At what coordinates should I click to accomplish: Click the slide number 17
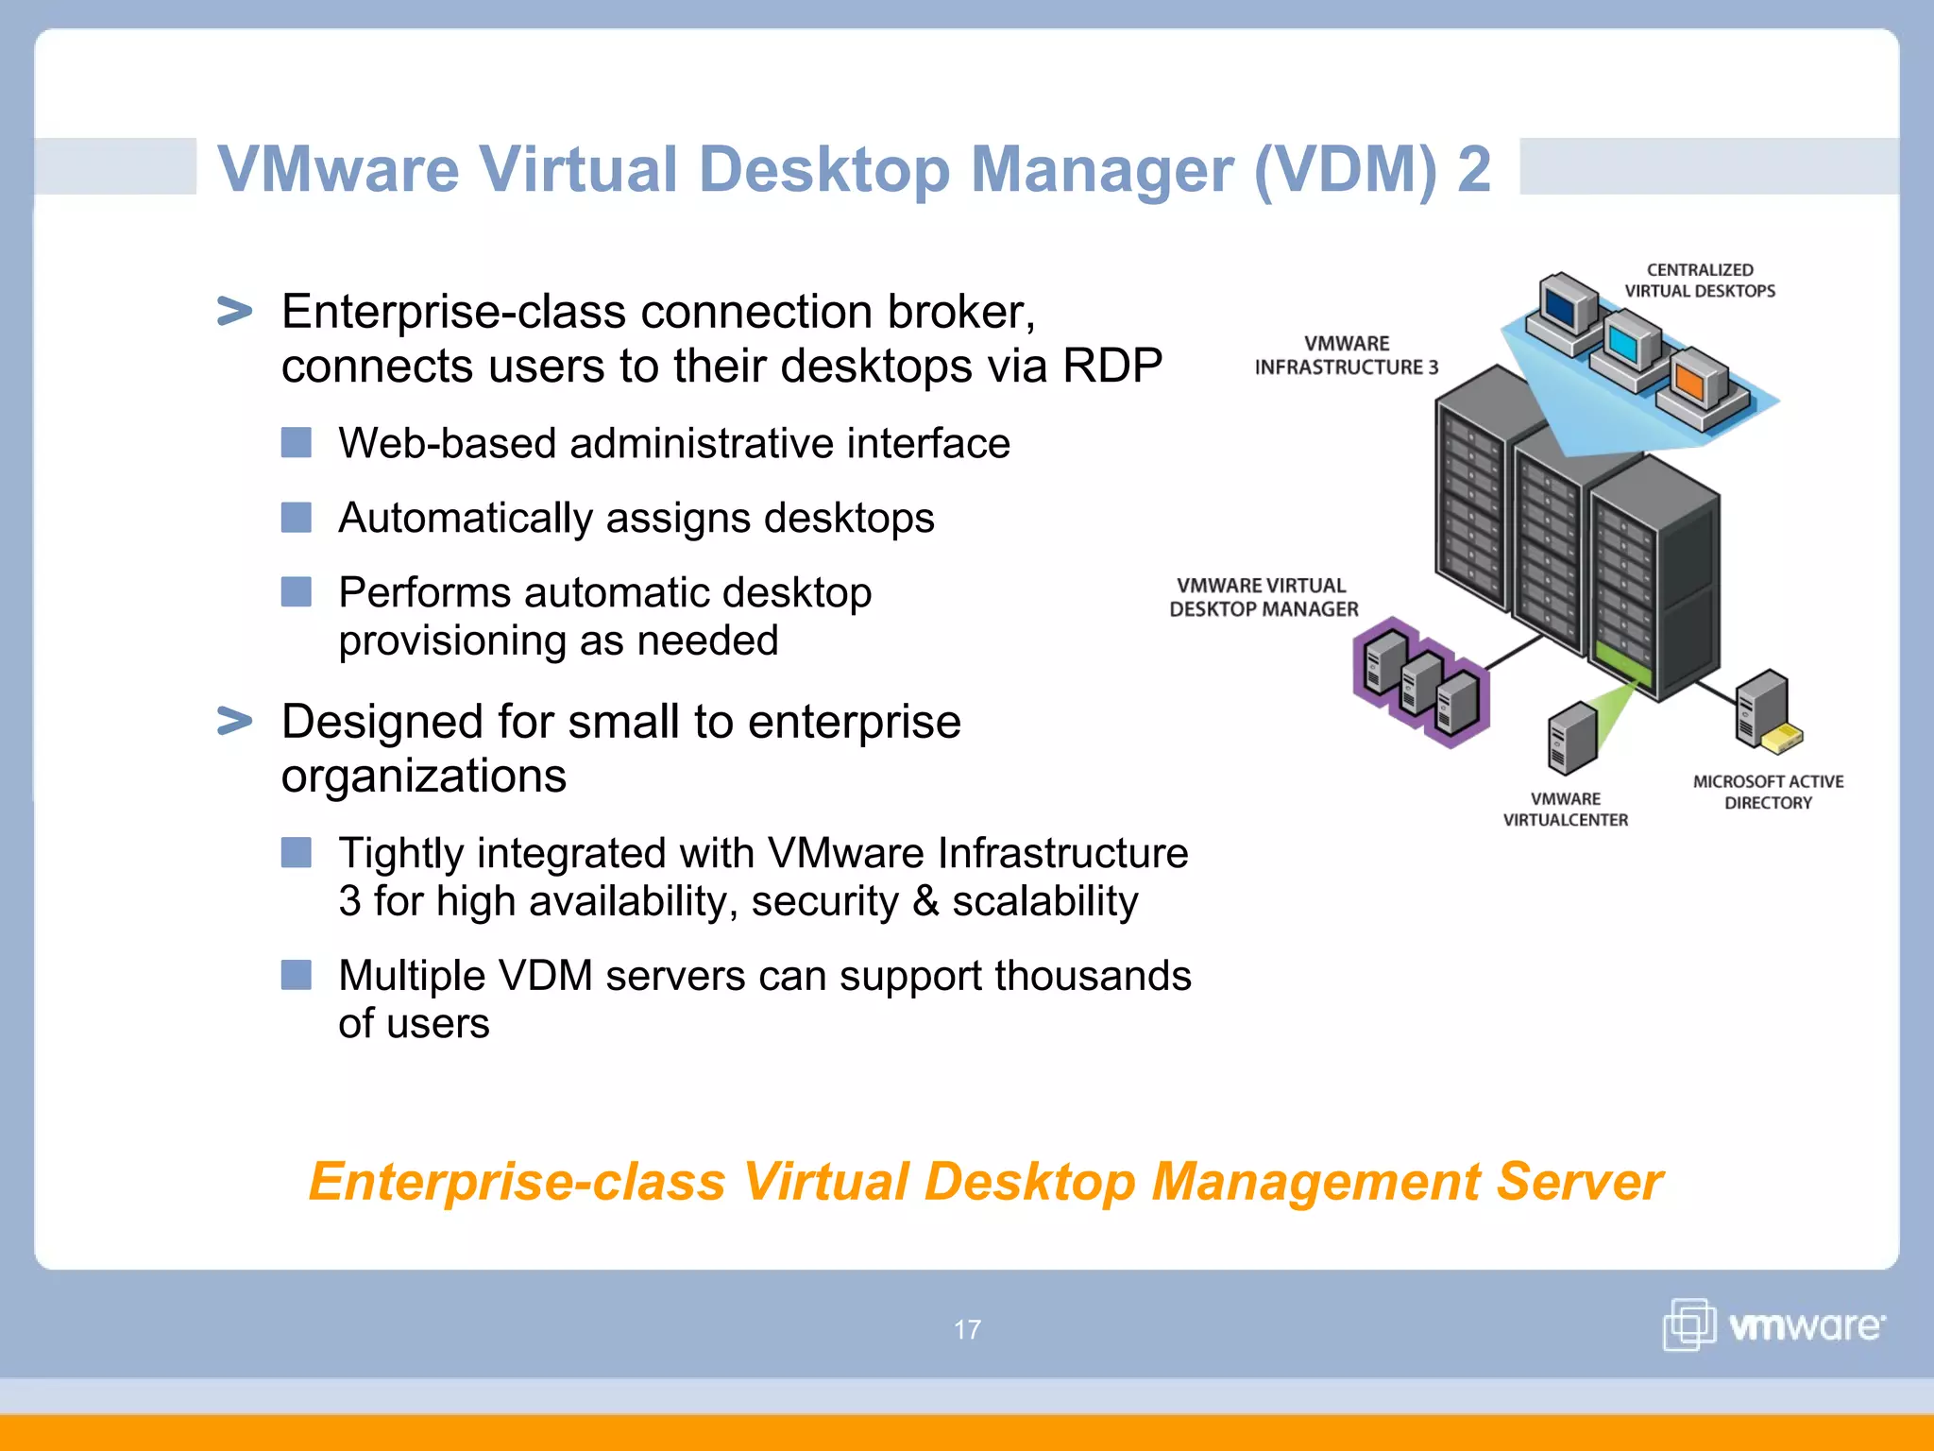(967, 1329)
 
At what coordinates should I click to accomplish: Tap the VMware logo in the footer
(1773, 1324)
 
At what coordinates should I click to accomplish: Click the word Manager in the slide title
(1102, 170)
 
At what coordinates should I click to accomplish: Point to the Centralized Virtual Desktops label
(1700, 281)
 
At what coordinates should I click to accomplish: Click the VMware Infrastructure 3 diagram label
(1346, 355)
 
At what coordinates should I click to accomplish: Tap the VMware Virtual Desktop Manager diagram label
(1264, 597)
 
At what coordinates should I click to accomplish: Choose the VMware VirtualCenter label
(1566, 810)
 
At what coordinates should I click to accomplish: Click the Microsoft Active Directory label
(1768, 792)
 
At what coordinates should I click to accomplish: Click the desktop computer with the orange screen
(1696, 386)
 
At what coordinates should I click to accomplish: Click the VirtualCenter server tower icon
(1571, 738)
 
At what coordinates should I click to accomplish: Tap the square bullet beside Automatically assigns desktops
(297, 518)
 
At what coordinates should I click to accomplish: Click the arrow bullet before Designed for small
(234, 721)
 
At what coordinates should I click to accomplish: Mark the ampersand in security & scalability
(925, 901)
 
